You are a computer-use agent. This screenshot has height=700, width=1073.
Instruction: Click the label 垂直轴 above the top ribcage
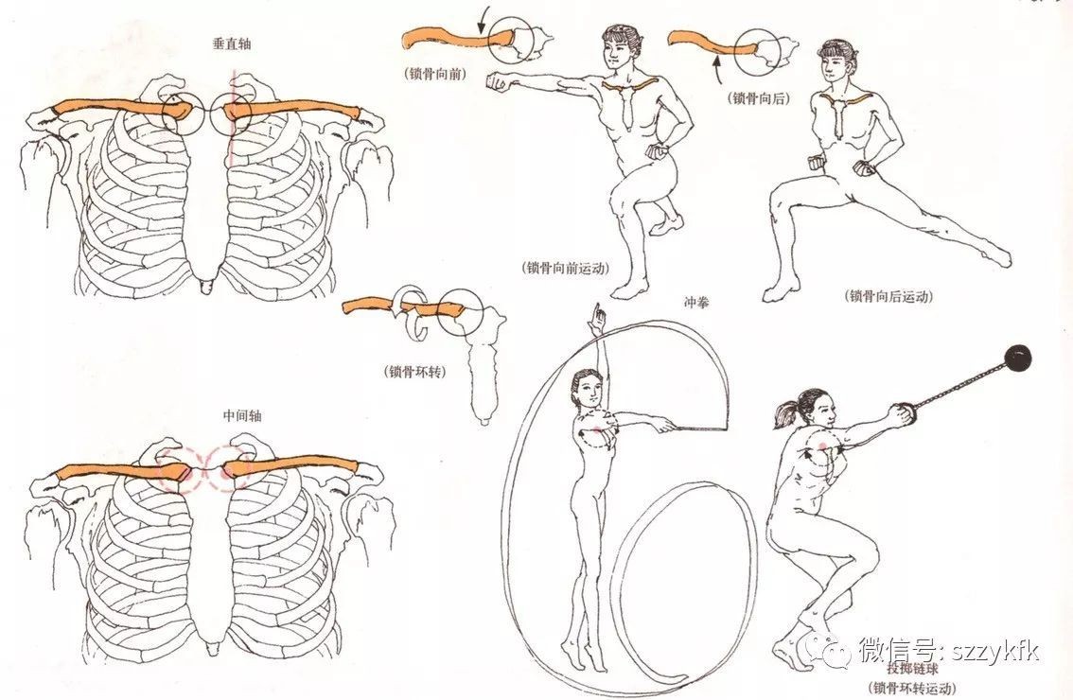pos(231,44)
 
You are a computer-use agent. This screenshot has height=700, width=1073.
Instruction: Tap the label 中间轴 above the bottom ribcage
pos(242,415)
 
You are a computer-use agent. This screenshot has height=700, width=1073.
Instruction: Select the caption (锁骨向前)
pos(436,74)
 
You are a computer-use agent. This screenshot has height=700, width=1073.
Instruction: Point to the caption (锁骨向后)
pos(759,98)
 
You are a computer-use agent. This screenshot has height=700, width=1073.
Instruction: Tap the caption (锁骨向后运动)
pos(889,296)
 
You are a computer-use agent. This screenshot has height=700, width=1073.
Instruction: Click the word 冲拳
pos(696,302)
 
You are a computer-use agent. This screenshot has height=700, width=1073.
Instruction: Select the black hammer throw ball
pos(1017,359)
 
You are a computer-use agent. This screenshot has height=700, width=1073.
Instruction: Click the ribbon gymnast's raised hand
pos(599,314)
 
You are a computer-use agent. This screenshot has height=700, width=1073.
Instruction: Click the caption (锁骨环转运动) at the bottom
pos(911,688)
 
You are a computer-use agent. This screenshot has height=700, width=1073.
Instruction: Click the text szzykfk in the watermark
pos(996,649)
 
